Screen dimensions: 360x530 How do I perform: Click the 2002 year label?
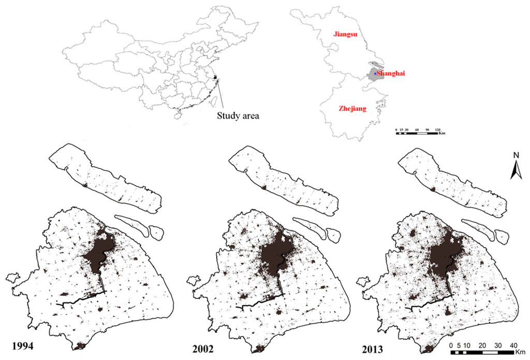coord(204,345)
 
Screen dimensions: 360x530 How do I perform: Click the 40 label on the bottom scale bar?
coord(514,344)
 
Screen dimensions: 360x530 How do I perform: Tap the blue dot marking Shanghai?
coord(375,74)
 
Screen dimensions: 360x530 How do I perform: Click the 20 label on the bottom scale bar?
coord(482,344)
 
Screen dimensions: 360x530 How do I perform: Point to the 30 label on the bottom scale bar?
coord(498,344)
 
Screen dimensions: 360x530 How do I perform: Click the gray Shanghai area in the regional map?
coord(372,76)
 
